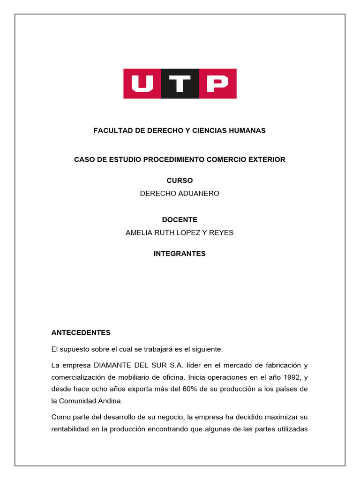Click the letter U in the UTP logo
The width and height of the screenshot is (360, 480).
tap(142, 84)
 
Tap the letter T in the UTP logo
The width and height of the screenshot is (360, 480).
tap(180, 84)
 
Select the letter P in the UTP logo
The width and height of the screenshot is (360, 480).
tap(217, 84)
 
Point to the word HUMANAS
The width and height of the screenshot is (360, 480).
tap(247, 131)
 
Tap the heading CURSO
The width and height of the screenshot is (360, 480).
tap(180, 180)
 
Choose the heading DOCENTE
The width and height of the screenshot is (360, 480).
tap(180, 220)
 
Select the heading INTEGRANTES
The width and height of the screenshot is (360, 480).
tap(180, 254)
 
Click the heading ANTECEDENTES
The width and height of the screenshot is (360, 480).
tap(81, 333)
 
